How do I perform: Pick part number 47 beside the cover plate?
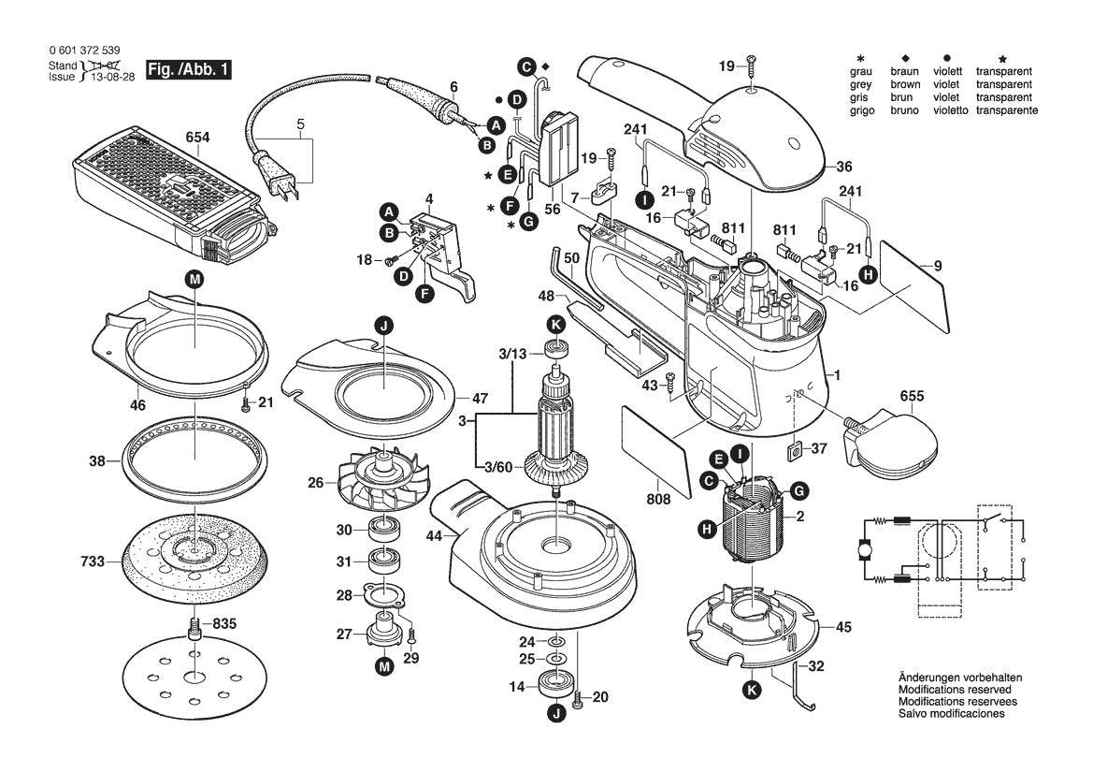[480, 398]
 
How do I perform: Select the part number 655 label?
[912, 396]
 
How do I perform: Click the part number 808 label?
[658, 500]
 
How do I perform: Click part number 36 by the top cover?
[844, 168]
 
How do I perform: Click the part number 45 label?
[842, 627]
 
